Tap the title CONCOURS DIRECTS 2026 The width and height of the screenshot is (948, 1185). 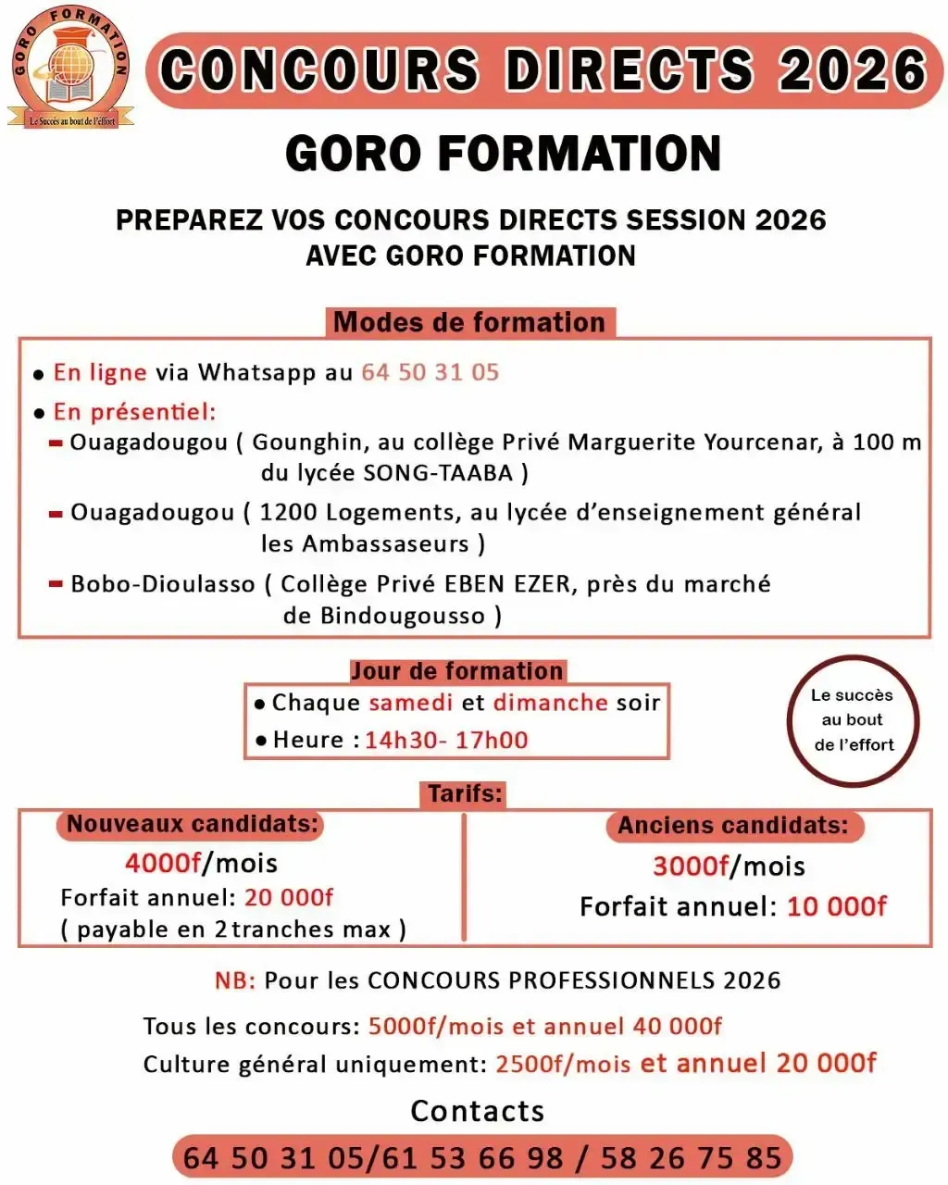click(543, 70)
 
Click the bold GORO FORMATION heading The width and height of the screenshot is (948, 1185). click(503, 154)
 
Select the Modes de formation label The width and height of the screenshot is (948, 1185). click(469, 322)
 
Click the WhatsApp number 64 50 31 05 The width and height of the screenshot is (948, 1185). click(430, 372)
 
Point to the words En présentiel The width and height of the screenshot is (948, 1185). click(134, 412)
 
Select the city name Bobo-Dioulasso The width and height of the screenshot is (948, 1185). click(162, 584)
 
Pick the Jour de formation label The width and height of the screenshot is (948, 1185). click(456, 671)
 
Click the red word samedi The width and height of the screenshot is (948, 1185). click(411, 703)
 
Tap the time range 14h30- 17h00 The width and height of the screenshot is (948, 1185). click(446, 740)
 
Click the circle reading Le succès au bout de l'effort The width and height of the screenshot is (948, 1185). click(853, 720)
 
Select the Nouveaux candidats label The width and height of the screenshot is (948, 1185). click(193, 824)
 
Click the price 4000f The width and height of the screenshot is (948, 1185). click(163, 863)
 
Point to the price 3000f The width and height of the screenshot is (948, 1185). click(691, 867)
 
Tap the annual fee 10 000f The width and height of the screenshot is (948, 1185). click(837, 906)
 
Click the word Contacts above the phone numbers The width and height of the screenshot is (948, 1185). click(477, 1111)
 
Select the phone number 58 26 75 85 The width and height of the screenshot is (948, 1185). click(691, 1158)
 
